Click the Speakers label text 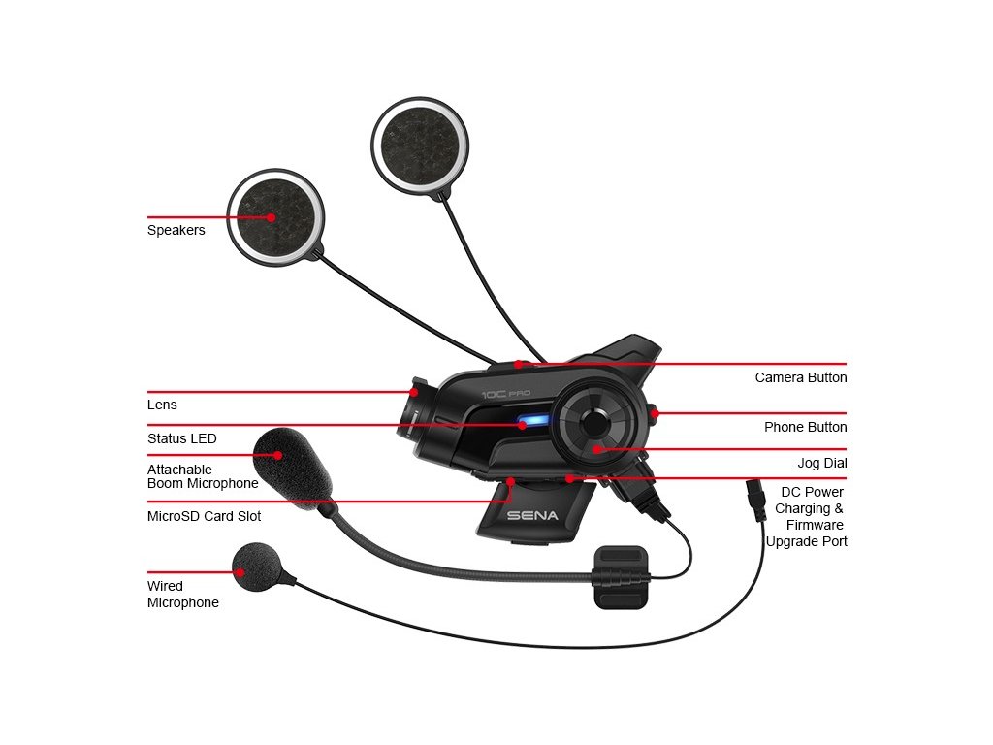coord(176,231)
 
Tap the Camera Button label coord(800,377)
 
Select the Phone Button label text coord(805,427)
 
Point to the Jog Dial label coord(821,464)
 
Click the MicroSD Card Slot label coord(204,516)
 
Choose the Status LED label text coord(181,438)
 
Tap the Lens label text coord(162,405)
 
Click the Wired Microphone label coord(182,594)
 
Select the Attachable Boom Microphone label coord(202,476)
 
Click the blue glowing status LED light coord(531,423)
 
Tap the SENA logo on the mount coord(532,515)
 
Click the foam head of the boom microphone coord(294,463)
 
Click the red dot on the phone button coord(656,413)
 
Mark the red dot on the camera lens coord(414,393)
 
